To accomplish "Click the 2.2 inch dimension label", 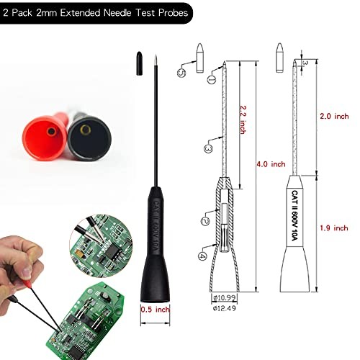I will click(232, 133).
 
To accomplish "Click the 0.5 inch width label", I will click(154, 310).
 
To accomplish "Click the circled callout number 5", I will click(182, 71).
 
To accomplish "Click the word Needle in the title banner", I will click(111, 12).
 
